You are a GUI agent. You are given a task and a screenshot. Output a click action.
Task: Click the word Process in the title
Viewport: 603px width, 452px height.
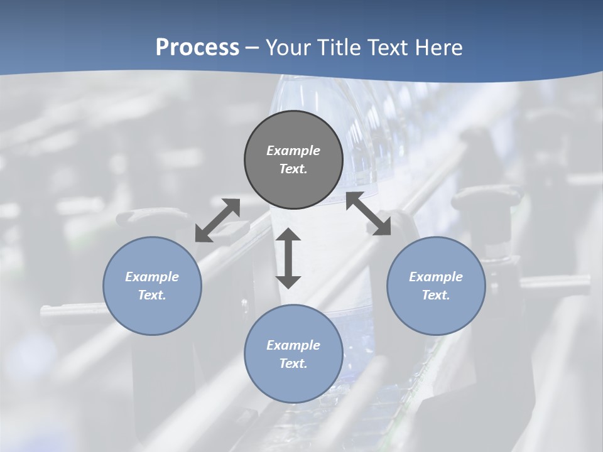pos(197,48)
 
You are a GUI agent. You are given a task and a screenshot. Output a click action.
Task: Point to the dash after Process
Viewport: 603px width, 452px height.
pos(253,48)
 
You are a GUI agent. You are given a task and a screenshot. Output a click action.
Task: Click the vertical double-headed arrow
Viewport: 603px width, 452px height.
pos(288,258)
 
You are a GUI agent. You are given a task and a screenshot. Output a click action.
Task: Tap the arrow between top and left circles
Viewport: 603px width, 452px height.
pos(217,220)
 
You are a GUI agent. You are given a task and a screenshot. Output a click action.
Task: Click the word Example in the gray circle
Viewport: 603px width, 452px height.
pos(293,151)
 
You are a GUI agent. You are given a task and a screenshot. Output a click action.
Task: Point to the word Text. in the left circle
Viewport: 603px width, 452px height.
pos(152,295)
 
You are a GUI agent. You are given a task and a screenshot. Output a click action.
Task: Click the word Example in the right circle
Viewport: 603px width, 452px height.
pos(436,277)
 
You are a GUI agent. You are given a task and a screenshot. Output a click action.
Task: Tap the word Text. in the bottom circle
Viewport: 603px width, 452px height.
pos(293,363)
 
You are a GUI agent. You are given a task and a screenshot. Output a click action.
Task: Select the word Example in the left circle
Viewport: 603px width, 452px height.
pos(152,277)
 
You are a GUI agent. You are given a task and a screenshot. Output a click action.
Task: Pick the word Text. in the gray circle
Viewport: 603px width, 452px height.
pos(293,169)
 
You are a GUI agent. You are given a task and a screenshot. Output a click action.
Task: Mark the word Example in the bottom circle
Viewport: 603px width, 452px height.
pos(293,345)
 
